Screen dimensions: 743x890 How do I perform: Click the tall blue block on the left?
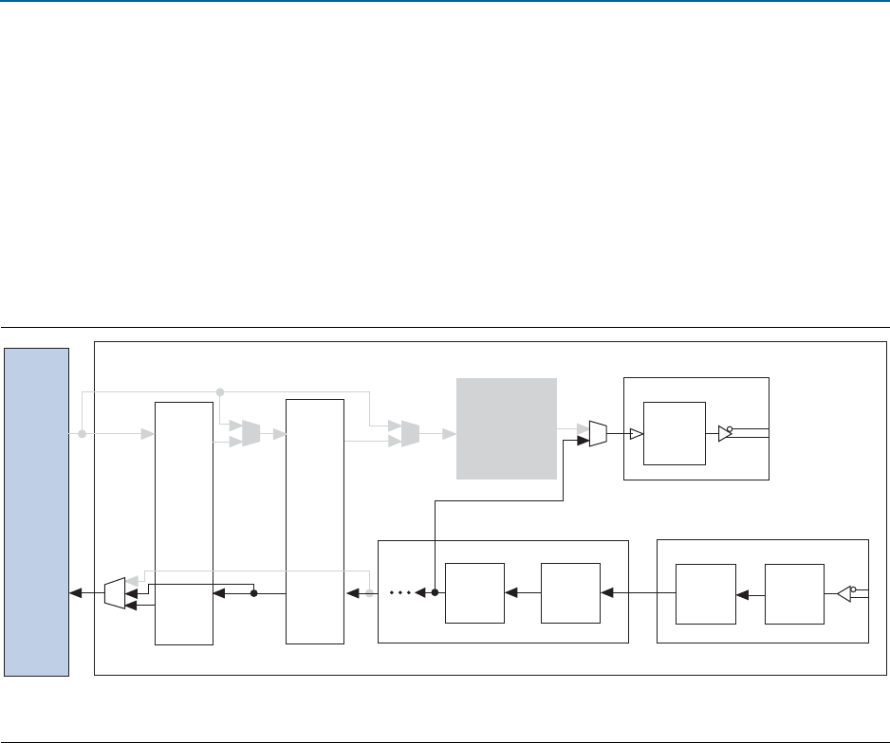(x=35, y=512)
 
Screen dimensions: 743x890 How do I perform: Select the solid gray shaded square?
(x=506, y=428)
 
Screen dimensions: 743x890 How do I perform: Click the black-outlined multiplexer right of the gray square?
(x=598, y=434)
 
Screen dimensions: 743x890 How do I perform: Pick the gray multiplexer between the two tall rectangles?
(x=250, y=434)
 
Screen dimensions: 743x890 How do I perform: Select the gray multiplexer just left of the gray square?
(x=410, y=434)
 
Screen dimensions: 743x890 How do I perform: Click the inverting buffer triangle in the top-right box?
(x=725, y=434)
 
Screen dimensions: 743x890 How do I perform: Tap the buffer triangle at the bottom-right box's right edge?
(x=844, y=594)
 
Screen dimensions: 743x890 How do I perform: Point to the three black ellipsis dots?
(x=400, y=594)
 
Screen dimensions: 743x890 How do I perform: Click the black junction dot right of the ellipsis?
(x=435, y=594)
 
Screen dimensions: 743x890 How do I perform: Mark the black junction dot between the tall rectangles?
(x=254, y=594)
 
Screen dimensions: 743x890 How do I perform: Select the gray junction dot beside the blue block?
(x=82, y=434)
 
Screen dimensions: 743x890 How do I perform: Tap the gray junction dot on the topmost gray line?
(x=220, y=390)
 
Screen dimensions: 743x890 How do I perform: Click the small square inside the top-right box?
(x=674, y=433)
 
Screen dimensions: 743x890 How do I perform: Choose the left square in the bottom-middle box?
(x=474, y=593)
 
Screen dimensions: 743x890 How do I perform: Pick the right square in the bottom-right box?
(x=794, y=593)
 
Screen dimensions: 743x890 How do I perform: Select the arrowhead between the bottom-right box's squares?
(x=743, y=594)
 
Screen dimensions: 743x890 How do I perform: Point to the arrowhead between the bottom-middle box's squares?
(x=511, y=594)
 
